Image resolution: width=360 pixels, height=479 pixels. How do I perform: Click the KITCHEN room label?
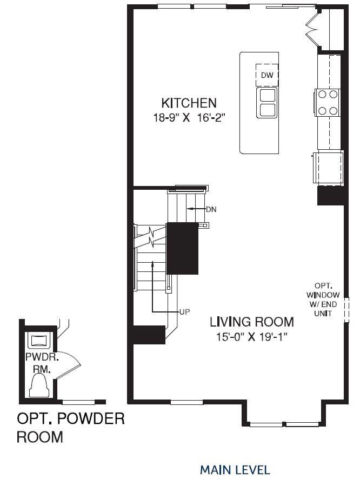point(189,103)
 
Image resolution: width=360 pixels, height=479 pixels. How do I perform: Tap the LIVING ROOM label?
point(252,322)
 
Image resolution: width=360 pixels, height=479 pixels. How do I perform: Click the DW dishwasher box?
point(267,76)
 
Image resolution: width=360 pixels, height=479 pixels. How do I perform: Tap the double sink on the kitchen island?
point(267,103)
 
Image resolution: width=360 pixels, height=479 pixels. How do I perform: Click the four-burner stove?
point(328,102)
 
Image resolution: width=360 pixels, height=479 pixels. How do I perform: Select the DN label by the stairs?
point(211,209)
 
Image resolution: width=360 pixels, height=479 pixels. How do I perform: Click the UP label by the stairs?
point(184,312)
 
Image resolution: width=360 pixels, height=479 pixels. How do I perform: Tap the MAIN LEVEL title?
point(235,469)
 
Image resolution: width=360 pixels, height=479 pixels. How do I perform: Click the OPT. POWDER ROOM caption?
point(70,427)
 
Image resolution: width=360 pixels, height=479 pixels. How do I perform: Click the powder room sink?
point(39,341)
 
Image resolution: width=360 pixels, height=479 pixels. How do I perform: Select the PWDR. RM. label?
point(38,363)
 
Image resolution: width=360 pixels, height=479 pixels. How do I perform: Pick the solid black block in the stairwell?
point(182,248)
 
